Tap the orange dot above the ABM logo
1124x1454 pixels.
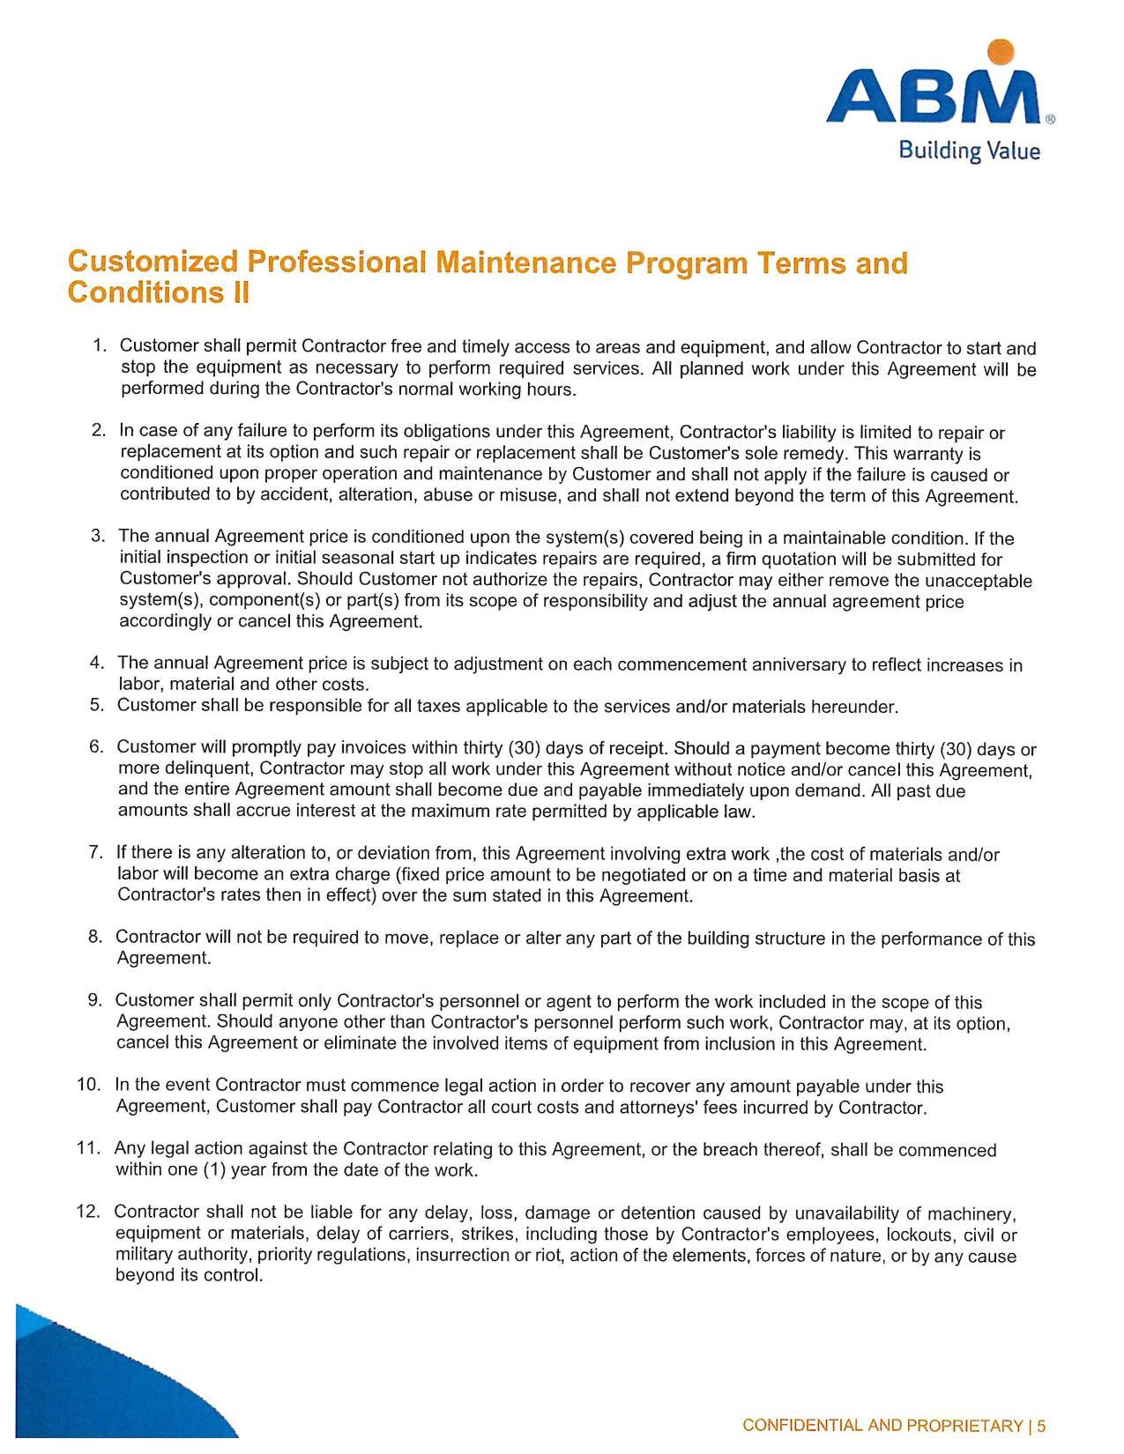[x=996, y=52]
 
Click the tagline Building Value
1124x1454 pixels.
[x=969, y=151]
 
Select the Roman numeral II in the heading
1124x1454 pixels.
[x=239, y=293]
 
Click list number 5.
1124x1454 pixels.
[x=97, y=705]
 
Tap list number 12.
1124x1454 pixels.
[x=89, y=1212]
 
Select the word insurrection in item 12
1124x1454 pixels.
[x=458, y=1256]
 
